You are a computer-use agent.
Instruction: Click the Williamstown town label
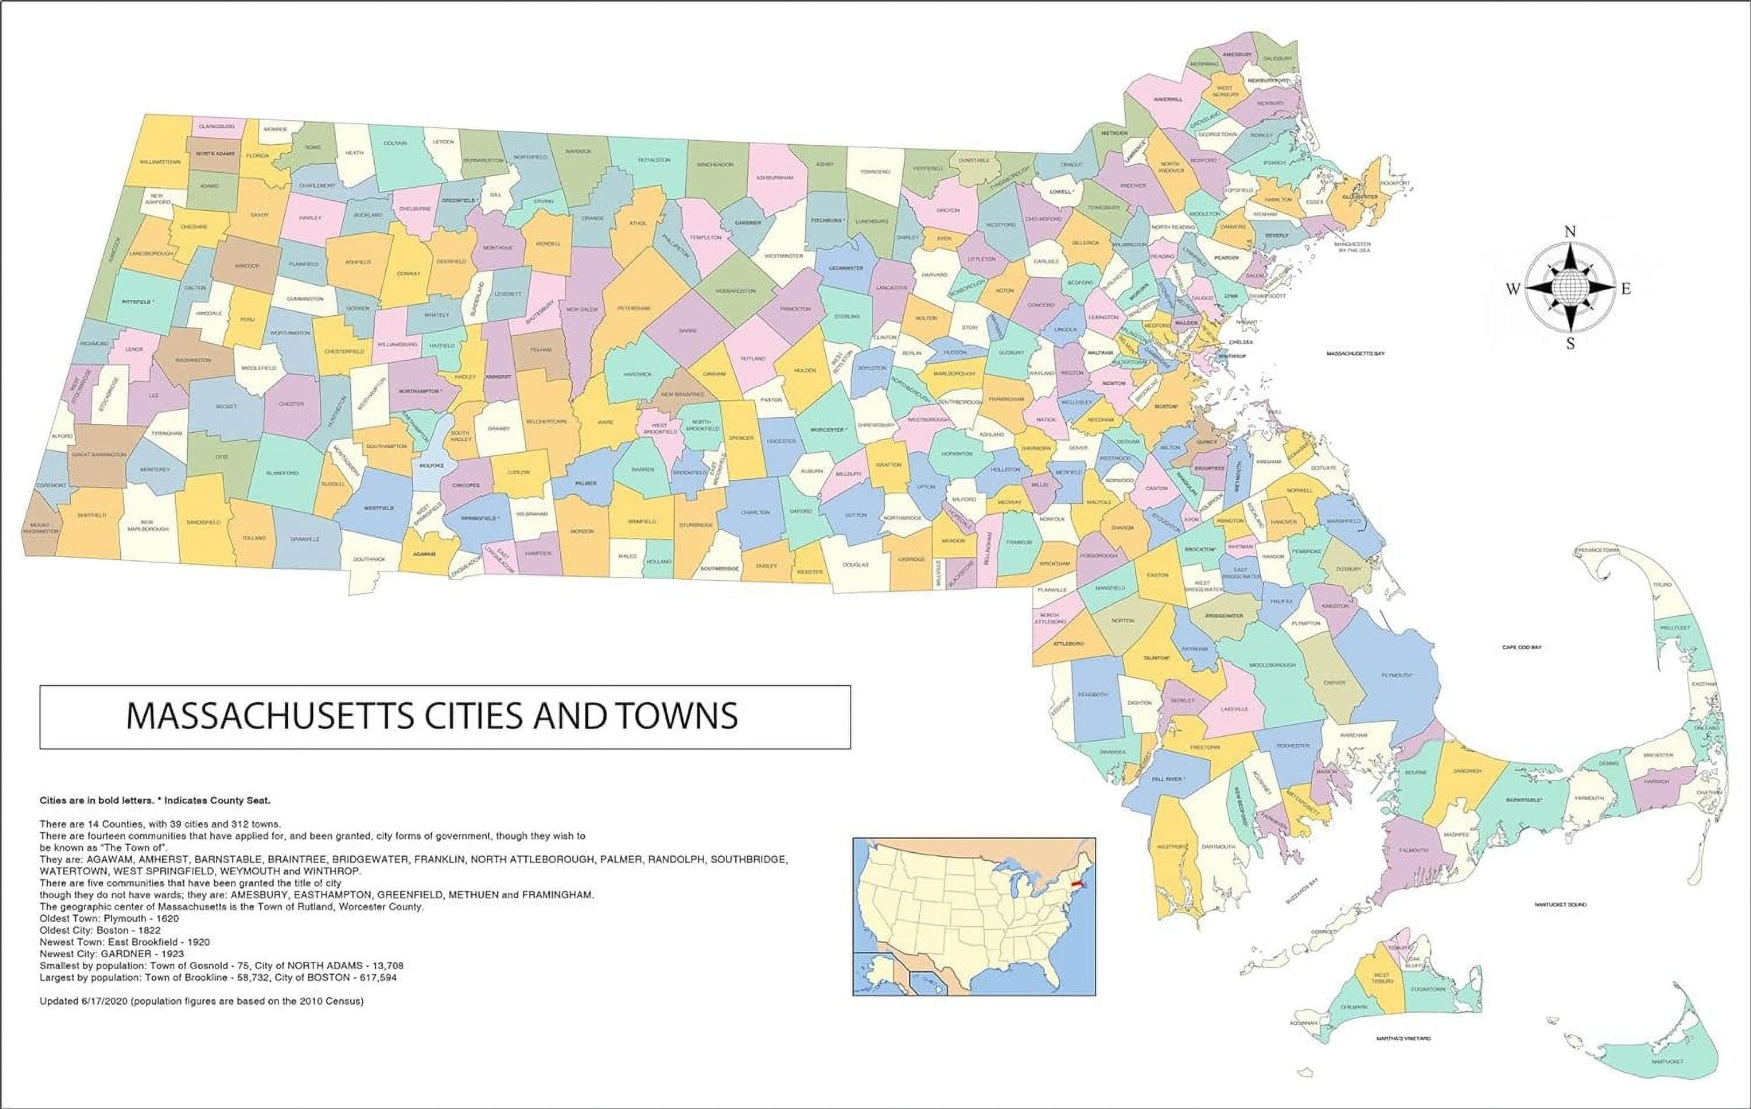pos(159,162)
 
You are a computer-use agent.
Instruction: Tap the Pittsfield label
pos(138,301)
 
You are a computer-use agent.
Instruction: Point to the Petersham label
pos(633,308)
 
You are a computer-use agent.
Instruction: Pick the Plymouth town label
pos(1396,675)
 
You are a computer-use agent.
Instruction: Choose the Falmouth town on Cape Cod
pos(1413,849)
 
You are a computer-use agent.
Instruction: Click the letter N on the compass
pos(1570,232)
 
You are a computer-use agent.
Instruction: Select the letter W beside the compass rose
pos(1512,290)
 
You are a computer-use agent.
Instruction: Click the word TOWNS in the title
pos(676,716)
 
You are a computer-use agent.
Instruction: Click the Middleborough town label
pos(1272,665)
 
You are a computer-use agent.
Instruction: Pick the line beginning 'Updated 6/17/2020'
pos(201,1002)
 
